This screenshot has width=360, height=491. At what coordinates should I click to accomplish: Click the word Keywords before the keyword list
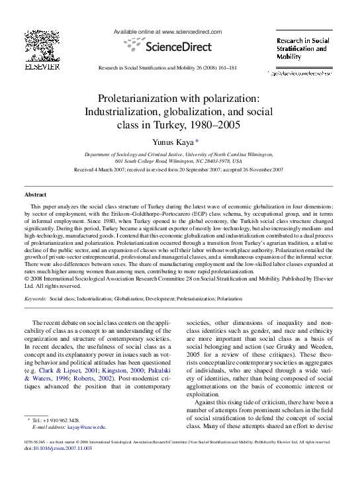pos(34,299)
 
